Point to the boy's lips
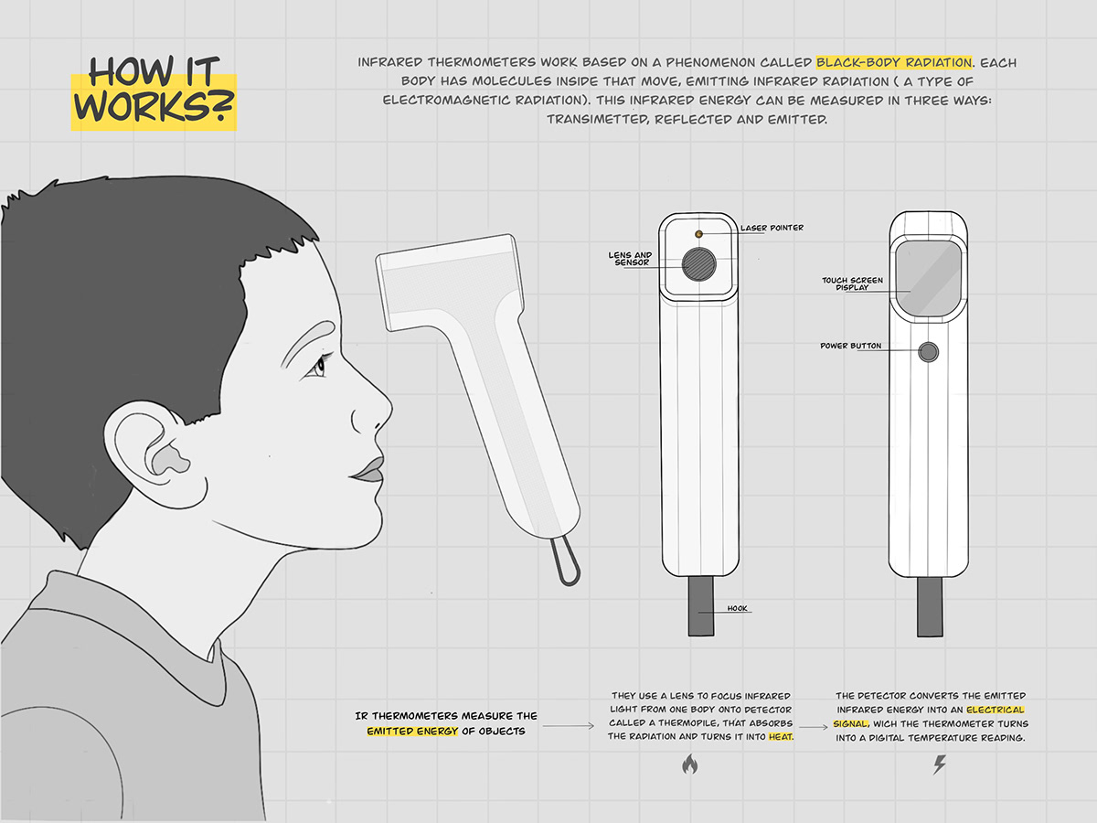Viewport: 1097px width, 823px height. (367, 469)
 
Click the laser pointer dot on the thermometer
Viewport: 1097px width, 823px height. (700, 234)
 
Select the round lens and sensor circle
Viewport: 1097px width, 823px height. (700, 265)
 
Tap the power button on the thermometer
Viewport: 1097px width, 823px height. (930, 352)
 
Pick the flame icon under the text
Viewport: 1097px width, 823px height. (690, 764)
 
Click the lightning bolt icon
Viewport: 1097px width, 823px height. (939, 764)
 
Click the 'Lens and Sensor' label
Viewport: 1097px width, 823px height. (630, 259)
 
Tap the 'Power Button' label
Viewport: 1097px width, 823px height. (851, 346)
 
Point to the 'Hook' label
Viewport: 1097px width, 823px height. (739, 608)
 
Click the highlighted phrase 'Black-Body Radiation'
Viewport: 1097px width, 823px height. (893, 63)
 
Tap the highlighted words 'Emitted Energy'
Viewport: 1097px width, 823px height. (411, 731)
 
